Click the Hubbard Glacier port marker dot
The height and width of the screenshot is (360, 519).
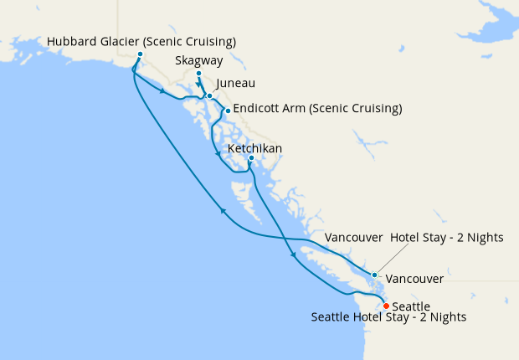139,54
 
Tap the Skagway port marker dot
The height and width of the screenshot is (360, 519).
198,75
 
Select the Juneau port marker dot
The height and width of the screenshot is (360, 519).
209,96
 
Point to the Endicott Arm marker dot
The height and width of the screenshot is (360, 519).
227,111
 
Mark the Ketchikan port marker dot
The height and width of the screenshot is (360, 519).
251,158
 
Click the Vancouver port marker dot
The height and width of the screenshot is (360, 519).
374,275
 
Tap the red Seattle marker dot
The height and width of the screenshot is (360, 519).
386,306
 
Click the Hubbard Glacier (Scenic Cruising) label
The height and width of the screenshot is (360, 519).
141,41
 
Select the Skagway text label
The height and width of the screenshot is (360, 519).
198,61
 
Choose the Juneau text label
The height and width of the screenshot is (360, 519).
235,84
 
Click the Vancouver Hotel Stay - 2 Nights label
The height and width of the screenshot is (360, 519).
414,238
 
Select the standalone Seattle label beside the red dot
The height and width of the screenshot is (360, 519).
411,306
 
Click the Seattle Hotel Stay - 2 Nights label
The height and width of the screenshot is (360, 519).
388,318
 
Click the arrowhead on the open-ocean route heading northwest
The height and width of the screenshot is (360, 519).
223,212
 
